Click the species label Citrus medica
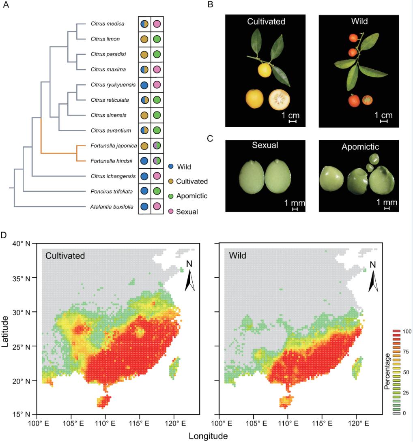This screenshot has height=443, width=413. coord(107,24)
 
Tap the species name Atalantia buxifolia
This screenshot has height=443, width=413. coord(110,207)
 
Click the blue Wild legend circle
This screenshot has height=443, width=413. coord(171,166)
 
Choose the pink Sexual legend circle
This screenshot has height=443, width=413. coord(171,211)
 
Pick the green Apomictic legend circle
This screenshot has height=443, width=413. coord(171,196)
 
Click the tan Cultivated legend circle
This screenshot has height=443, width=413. coord(171,181)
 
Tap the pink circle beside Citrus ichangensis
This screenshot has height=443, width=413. coord(157,176)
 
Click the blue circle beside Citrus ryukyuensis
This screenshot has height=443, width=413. coord(144,85)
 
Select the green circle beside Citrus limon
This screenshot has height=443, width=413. coord(157,39)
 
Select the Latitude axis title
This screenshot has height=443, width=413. coord(6,329)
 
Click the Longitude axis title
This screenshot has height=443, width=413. coord(208,436)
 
